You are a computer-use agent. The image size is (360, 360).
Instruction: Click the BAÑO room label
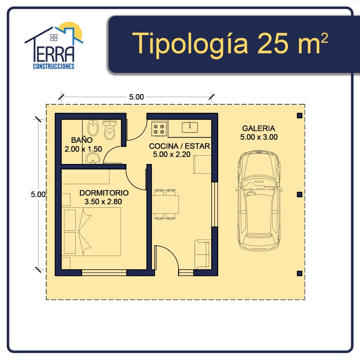tap(82, 140)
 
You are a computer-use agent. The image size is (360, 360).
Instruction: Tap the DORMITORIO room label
tap(104, 193)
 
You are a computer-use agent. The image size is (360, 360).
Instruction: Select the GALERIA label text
tap(258, 128)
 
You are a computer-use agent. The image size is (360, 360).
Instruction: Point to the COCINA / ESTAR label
tap(179, 146)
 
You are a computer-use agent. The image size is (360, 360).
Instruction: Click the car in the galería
tap(259, 201)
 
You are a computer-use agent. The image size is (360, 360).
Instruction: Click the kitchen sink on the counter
tap(190, 127)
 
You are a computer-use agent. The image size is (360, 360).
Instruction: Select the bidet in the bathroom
tap(93, 128)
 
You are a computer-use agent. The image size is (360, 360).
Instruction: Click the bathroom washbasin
tap(93, 158)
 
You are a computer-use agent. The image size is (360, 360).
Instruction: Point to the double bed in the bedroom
tap(91, 232)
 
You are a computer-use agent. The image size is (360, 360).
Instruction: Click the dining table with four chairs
tap(165, 204)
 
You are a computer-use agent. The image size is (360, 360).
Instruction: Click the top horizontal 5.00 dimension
tap(136, 97)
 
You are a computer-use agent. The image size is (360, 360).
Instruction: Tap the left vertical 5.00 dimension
tap(38, 194)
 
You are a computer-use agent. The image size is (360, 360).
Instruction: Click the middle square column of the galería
tap(300, 194)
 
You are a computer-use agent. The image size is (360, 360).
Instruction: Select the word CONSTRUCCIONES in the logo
tap(54, 66)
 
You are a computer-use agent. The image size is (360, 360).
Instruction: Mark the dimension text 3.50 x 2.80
tap(103, 202)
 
